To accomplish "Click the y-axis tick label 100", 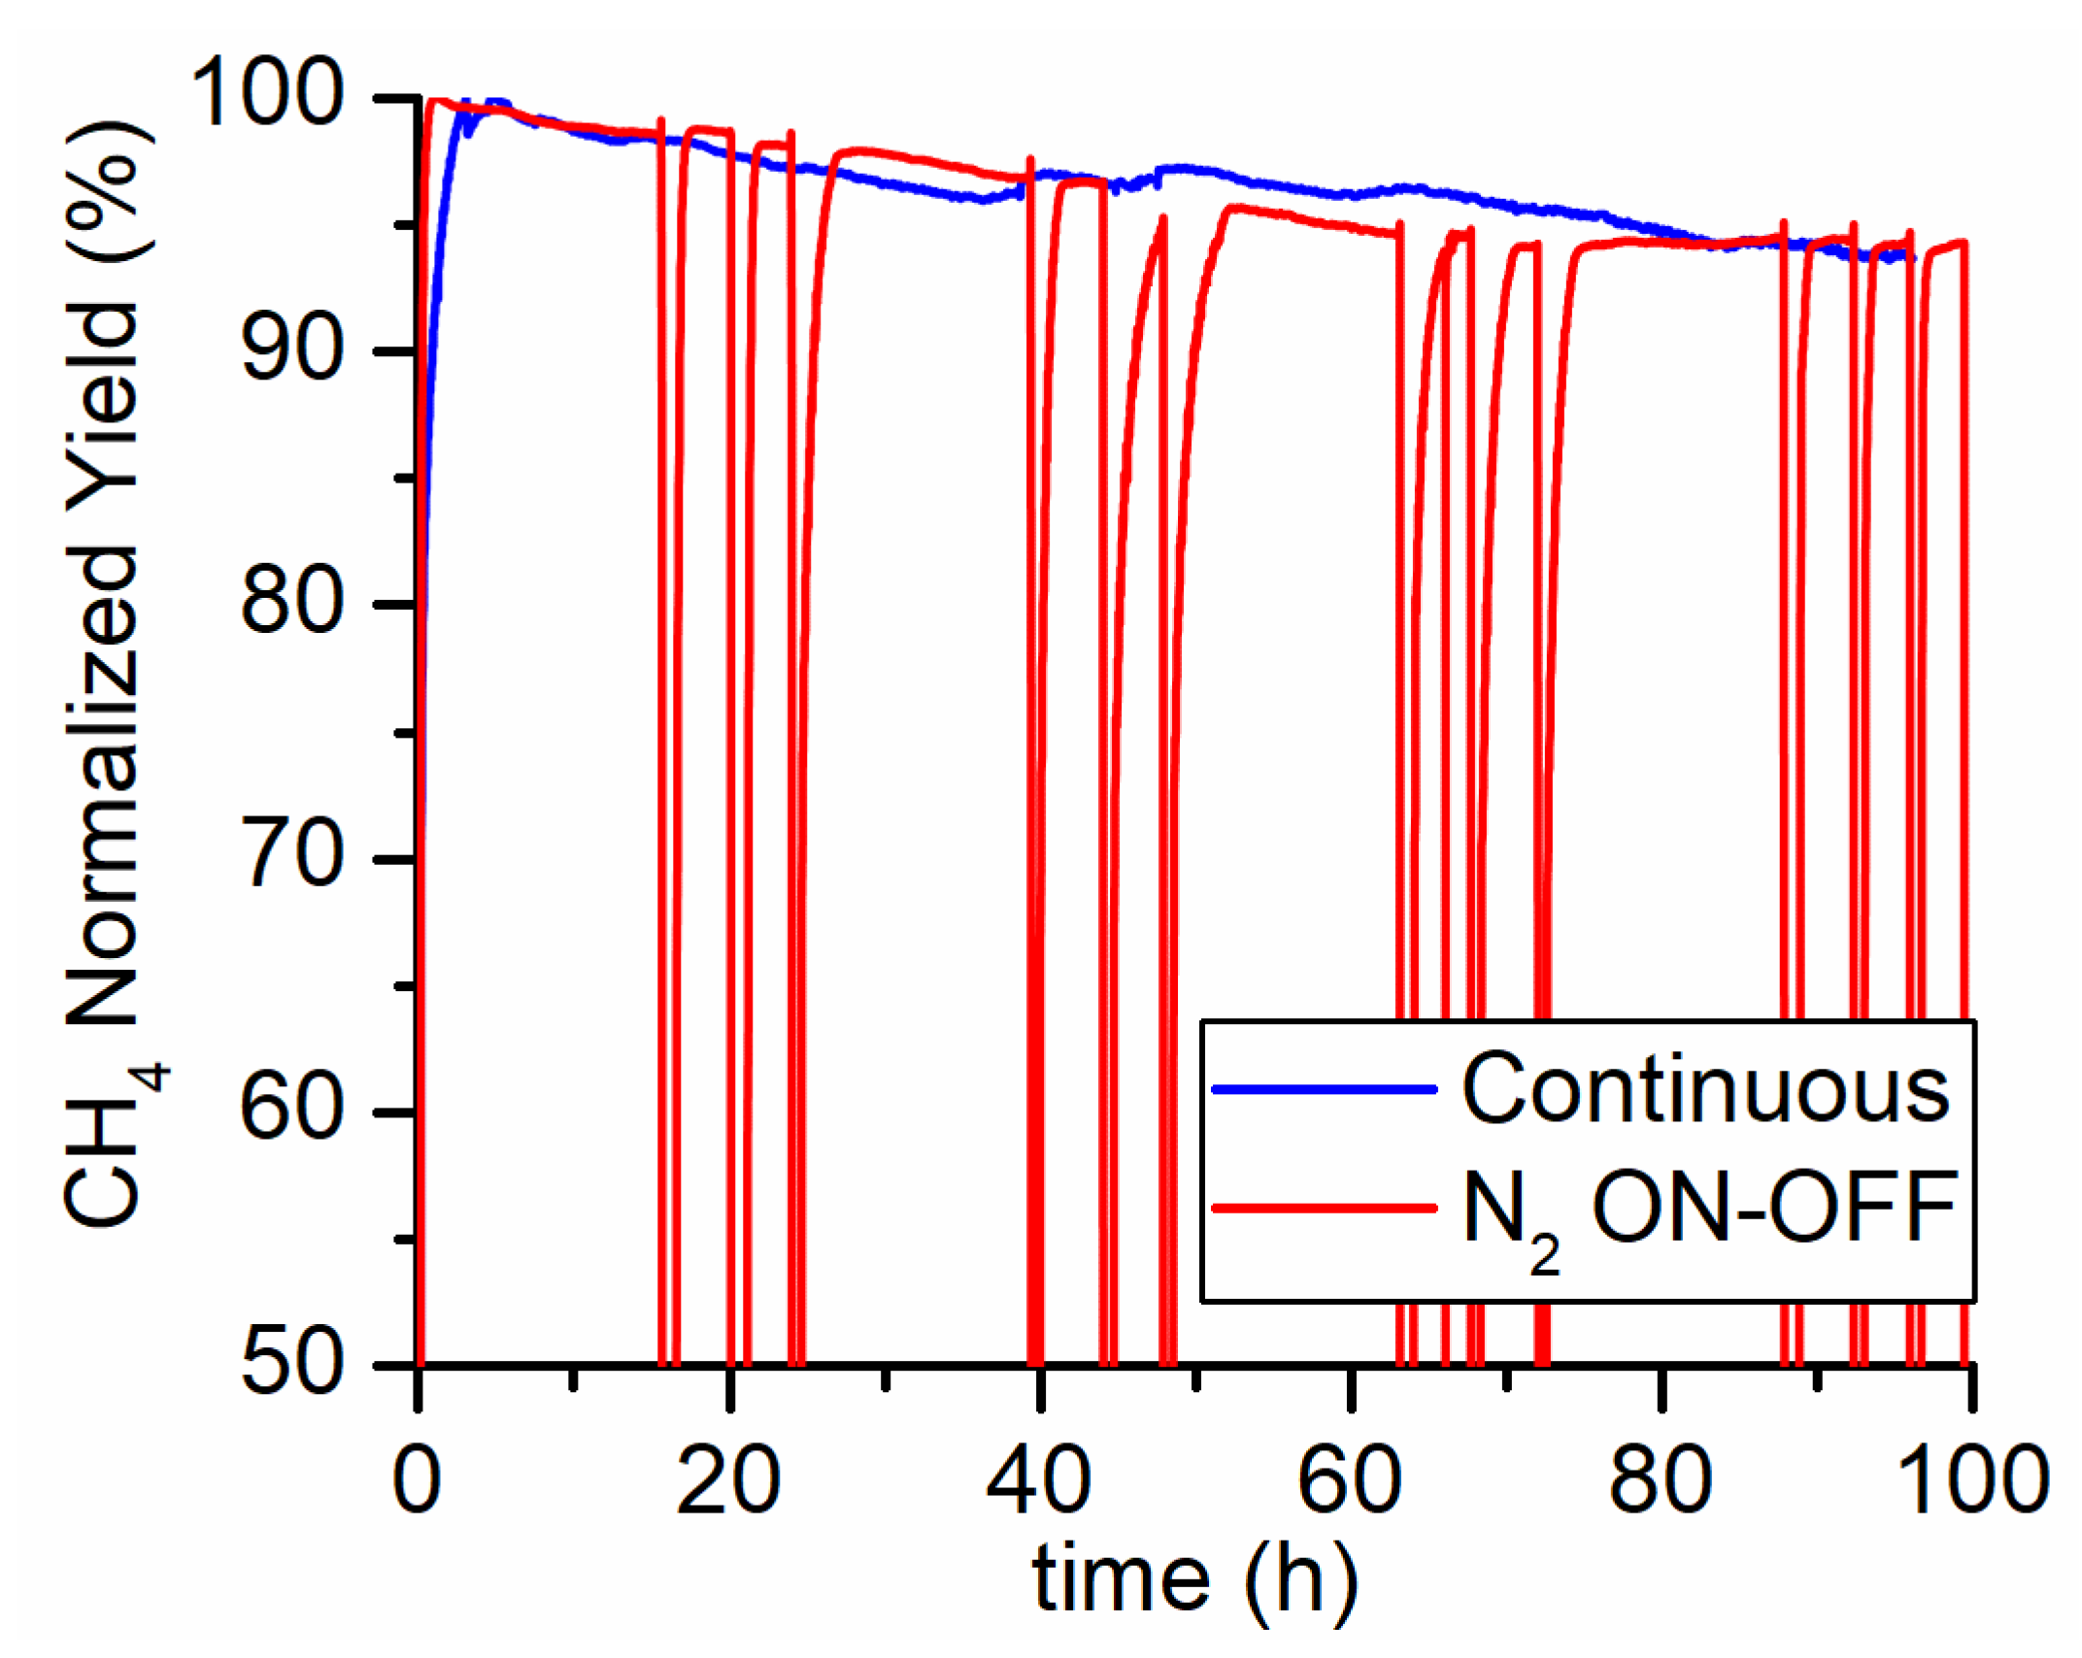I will tap(267, 94).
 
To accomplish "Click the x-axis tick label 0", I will tap(417, 1480).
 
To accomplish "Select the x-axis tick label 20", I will tap(728, 1480).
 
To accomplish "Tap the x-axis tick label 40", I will tap(1039, 1480).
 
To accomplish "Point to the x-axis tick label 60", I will tap(1350, 1480).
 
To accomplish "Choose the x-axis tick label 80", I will tap(1661, 1480).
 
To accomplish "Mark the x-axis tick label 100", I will tap(1971, 1480).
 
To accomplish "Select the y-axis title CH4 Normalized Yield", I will tap(107, 680).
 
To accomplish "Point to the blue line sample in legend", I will tap(1325, 1089).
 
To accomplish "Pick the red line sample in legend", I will tap(1325, 1209).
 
